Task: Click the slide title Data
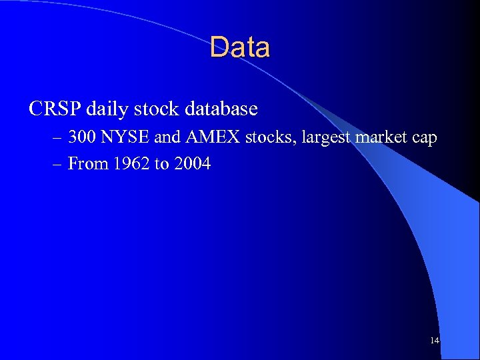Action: (240, 48)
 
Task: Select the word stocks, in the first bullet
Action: (271, 138)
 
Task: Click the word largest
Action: (327, 139)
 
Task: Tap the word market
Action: (383, 138)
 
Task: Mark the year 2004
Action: (191, 163)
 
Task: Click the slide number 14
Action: (435, 341)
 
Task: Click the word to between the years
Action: (161, 164)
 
